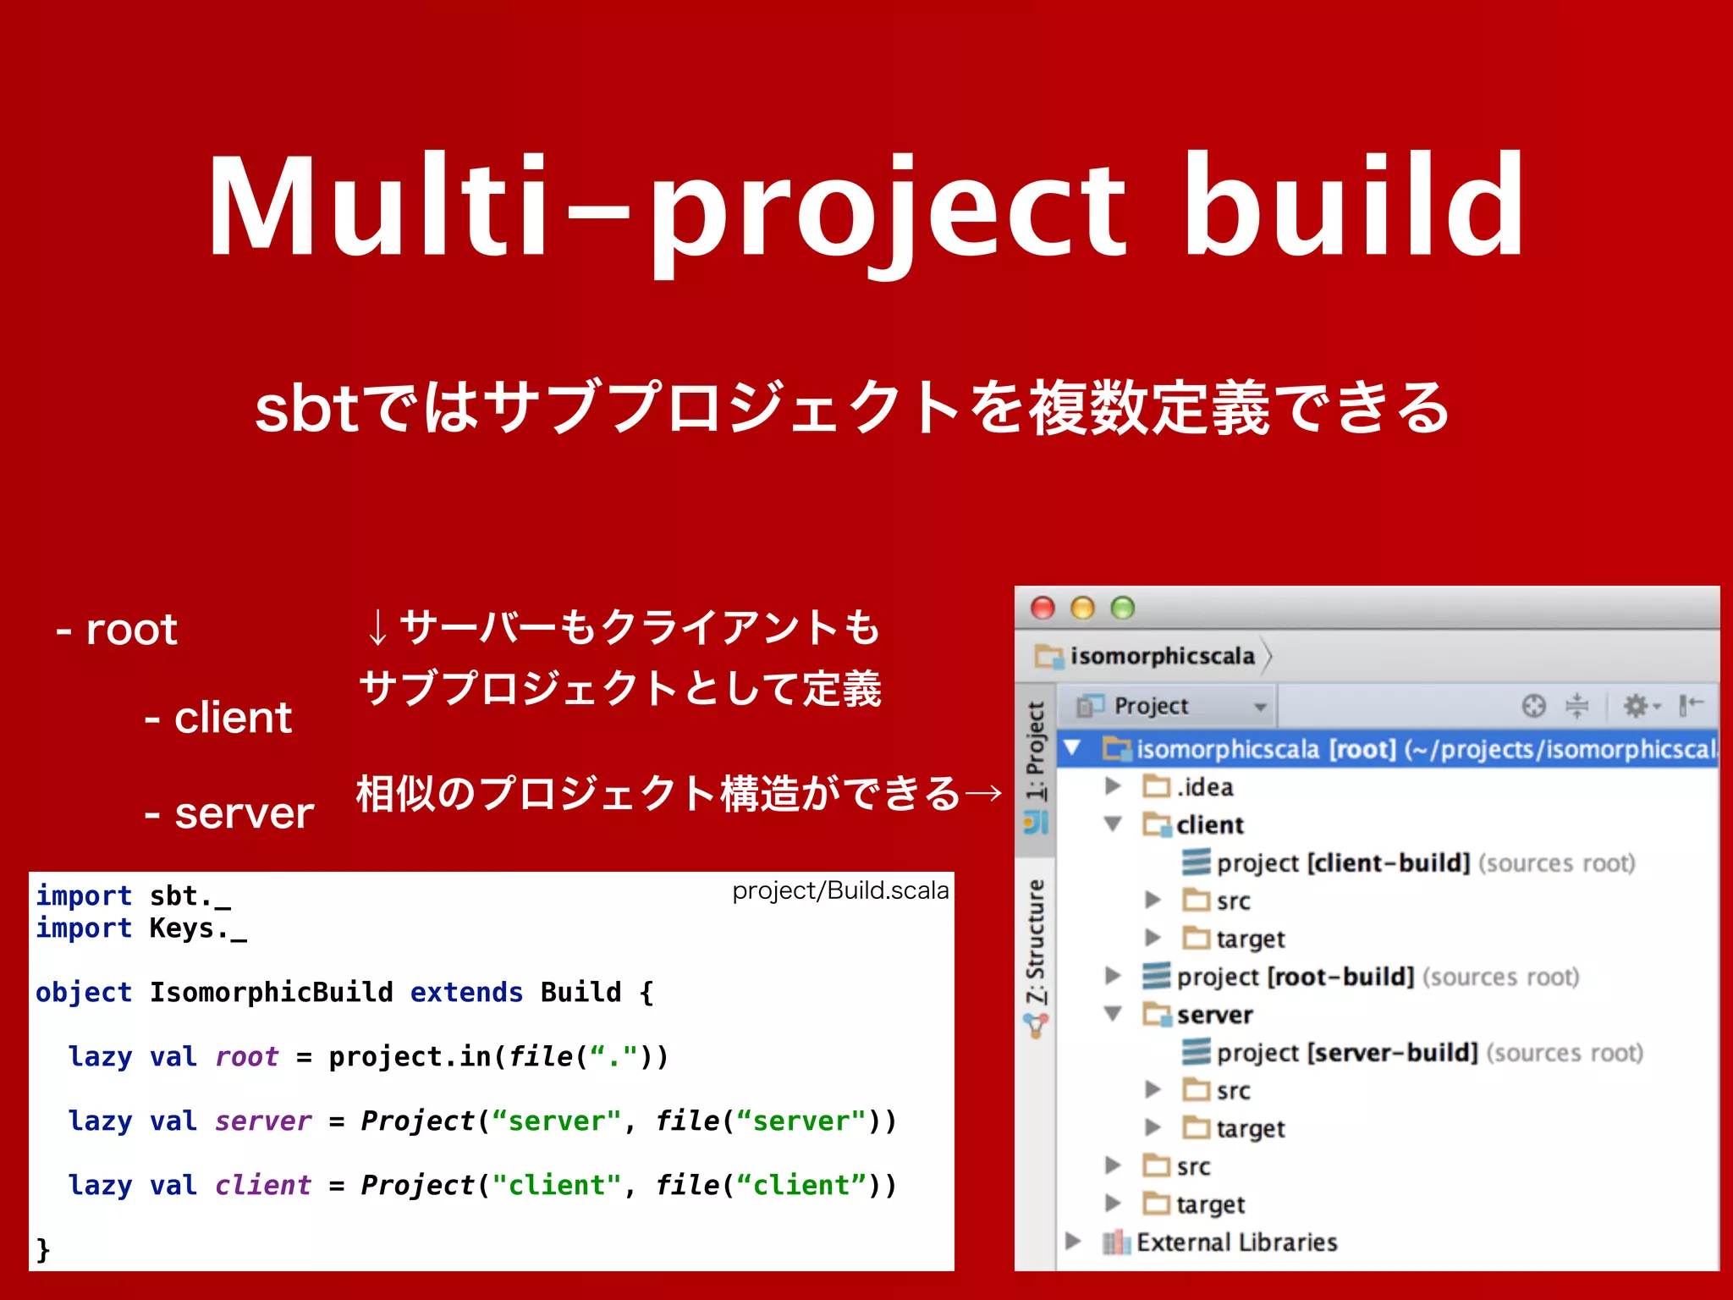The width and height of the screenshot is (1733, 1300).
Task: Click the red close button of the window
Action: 1043,608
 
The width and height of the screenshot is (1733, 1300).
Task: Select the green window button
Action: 1122,608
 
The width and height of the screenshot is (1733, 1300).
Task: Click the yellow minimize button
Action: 1082,608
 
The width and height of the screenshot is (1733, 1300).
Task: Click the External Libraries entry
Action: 1236,1242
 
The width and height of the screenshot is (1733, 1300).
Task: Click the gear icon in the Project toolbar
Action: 1637,705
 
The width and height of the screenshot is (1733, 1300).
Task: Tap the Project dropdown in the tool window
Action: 1173,706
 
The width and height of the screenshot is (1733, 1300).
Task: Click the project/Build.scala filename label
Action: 840,890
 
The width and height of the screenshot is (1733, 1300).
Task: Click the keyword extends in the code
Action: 466,992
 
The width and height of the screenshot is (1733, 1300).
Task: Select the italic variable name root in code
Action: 246,1056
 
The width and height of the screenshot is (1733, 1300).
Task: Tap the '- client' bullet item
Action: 218,718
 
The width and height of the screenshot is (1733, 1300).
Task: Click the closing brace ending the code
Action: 43,1249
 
